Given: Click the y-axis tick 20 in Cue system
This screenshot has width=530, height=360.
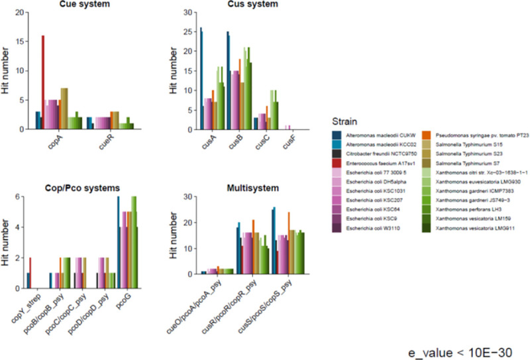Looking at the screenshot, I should (x=20, y=13).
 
